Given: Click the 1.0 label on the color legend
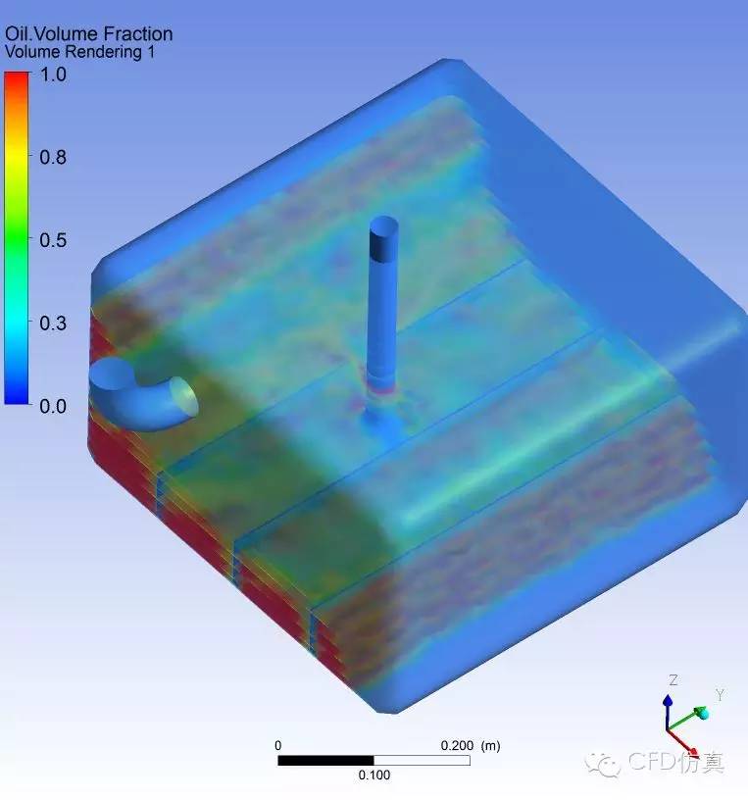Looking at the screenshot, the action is [x=53, y=75].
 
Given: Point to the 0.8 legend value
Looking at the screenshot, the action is [x=53, y=157].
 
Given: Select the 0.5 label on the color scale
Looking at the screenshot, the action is [x=53, y=240].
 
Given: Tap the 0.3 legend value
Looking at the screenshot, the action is [x=53, y=324].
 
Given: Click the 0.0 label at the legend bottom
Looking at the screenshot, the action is [x=53, y=407].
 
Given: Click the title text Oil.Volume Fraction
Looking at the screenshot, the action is [x=89, y=34].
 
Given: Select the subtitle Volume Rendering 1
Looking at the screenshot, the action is [x=79, y=52].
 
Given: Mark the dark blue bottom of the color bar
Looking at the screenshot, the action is [x=17, y=398].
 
